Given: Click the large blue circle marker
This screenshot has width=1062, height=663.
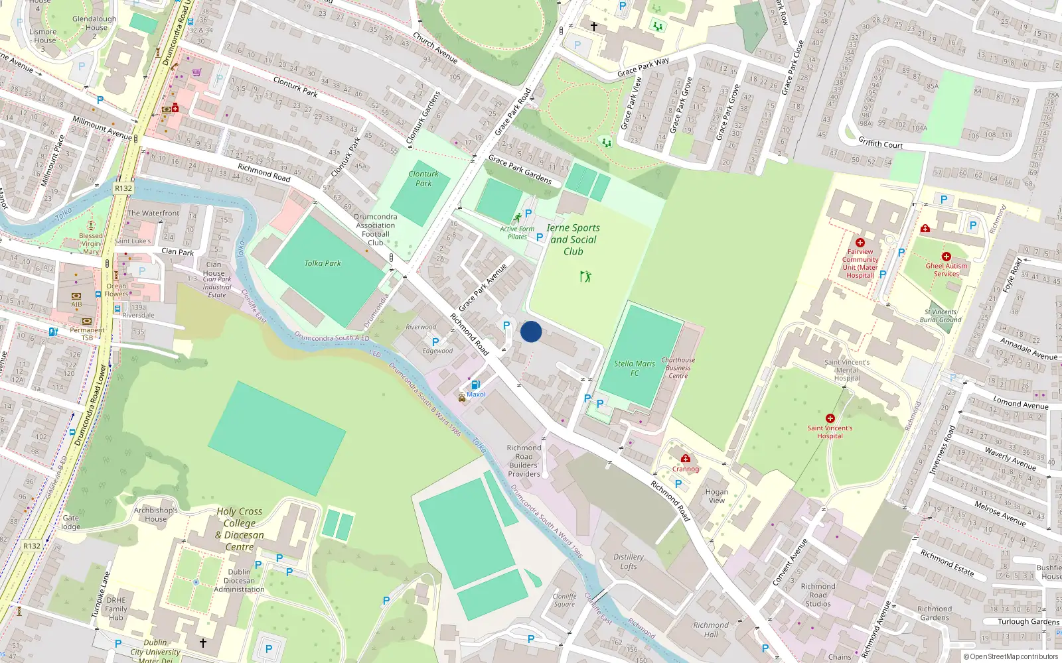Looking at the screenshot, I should tap(531, 331).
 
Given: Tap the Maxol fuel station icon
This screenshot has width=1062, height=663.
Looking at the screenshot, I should tap(475, 385).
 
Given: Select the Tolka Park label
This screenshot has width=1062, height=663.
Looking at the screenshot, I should tap(323, 263).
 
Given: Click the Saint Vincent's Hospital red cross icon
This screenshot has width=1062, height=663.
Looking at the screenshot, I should tap(830, 418).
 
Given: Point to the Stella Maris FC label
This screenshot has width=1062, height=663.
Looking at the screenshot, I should tap(634, 368).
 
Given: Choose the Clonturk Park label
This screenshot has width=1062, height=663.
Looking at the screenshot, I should tap(423, 178).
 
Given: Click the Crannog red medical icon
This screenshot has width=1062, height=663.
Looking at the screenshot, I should tap(686, 459).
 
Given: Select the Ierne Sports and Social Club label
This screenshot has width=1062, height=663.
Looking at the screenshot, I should tap(573, 239).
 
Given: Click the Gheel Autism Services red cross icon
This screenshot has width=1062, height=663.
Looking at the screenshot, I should tap(947, 257).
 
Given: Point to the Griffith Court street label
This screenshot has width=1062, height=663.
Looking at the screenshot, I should tap(880, 143).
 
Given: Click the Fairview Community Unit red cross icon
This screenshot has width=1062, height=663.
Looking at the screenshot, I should tap(860, 243).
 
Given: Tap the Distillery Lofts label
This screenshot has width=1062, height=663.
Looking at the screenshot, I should tap(629, 562).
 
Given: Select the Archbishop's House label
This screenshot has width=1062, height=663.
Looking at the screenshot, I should tap(156, 514).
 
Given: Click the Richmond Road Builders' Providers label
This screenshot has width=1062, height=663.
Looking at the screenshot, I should tap(524, 461).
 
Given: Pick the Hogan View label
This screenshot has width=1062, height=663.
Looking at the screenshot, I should tap(717, 496).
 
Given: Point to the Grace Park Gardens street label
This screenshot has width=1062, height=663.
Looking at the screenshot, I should tap(520, 168).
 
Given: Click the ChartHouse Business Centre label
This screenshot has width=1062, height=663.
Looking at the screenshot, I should tap(678, 368).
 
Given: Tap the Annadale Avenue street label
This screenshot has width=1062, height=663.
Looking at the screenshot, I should tap(1029, 349).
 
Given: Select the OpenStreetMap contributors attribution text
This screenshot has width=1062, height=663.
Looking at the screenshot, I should tap(1014, 656).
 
